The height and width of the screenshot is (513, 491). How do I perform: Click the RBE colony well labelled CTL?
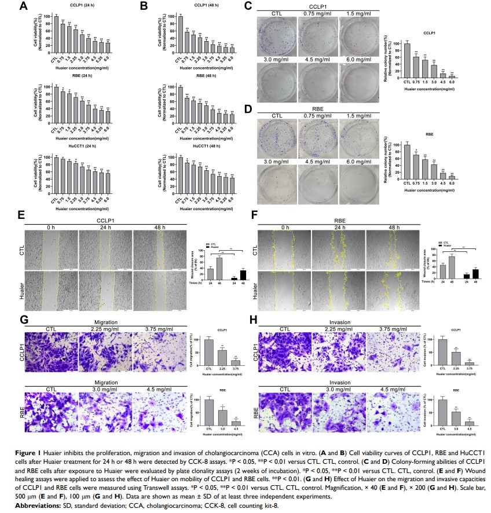coord(277,135)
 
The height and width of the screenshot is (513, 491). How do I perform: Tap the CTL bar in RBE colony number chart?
coord(407,162)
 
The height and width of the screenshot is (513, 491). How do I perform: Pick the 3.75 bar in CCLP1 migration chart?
coord(236,362)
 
